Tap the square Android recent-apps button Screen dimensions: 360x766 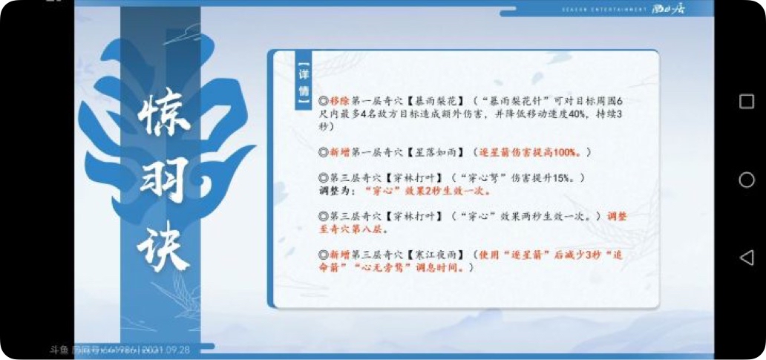[747, 102]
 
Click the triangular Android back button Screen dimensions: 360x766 [747, 258]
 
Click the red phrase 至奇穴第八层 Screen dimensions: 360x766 [350, 229]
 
